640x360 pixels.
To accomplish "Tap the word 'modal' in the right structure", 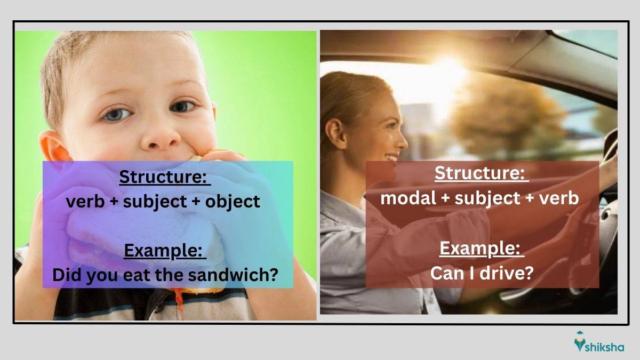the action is (409, 198).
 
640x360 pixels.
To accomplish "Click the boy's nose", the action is (161, 137).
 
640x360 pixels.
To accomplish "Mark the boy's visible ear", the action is (54, 149).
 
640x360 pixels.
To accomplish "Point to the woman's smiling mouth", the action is (391, 157).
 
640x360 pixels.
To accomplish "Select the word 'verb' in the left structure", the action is (85, 202).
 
